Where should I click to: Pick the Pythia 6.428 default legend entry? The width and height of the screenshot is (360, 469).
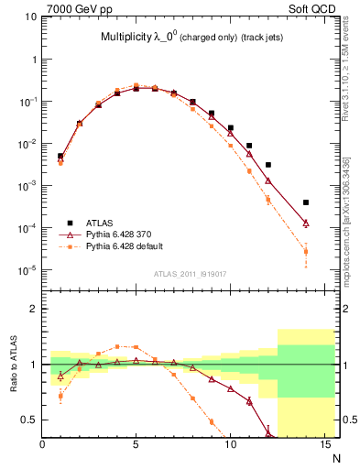[123, 245]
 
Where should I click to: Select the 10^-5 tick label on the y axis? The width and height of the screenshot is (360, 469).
[27, 270]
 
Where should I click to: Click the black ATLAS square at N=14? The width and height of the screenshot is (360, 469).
[305, 202]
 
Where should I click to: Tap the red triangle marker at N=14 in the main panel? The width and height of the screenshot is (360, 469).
[305, 223]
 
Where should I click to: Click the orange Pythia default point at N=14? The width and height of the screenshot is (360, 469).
[305, 252]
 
